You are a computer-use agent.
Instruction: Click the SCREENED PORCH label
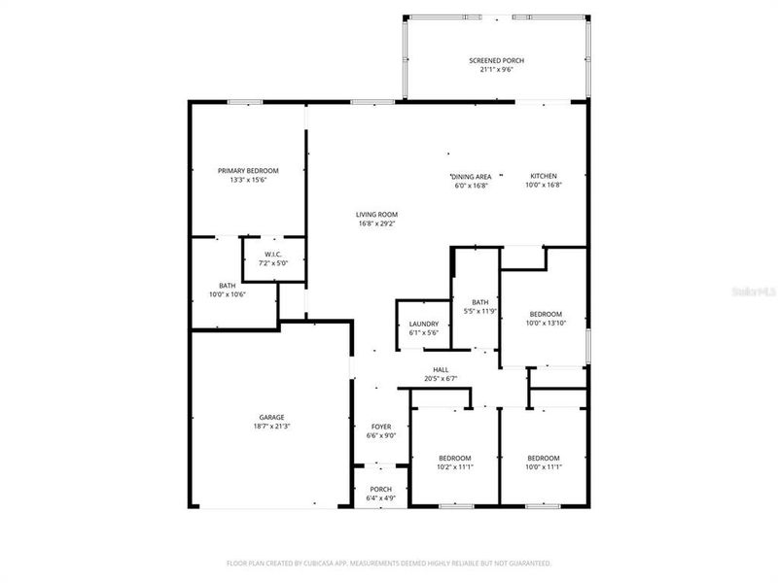496,60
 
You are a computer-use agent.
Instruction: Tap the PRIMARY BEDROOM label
248,170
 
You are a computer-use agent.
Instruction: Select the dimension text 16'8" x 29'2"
376,223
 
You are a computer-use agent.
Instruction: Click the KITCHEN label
544,176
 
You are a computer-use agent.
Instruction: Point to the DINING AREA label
472,176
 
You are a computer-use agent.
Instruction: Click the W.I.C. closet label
273,255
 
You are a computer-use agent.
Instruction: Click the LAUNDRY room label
424,324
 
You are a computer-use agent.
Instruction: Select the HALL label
441,369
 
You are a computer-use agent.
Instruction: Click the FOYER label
381,427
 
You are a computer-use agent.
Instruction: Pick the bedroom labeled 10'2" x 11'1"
454,463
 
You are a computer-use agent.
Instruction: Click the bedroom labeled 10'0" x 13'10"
546,318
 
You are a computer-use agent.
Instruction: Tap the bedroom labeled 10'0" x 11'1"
544,463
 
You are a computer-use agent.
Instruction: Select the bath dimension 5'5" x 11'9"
479,311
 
